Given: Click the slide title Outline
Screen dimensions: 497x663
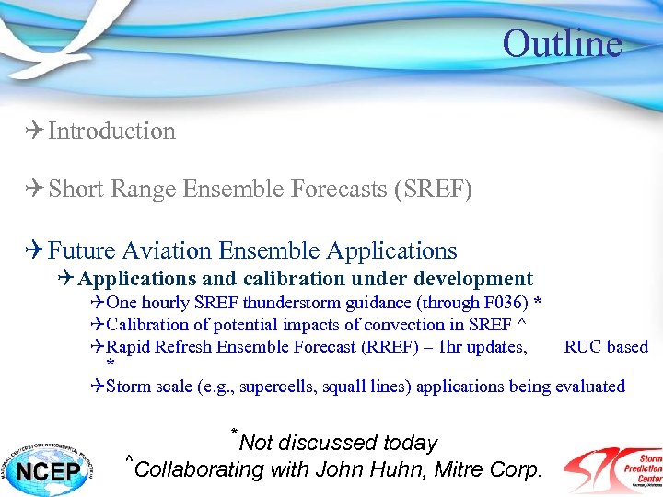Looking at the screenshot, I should (562, 43).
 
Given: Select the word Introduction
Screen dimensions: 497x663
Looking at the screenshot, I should (111, 132).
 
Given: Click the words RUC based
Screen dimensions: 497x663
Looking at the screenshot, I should (606, 346).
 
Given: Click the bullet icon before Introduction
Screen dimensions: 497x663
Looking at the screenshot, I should (34, 132).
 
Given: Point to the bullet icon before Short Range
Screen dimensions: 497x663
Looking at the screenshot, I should (34, 191).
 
